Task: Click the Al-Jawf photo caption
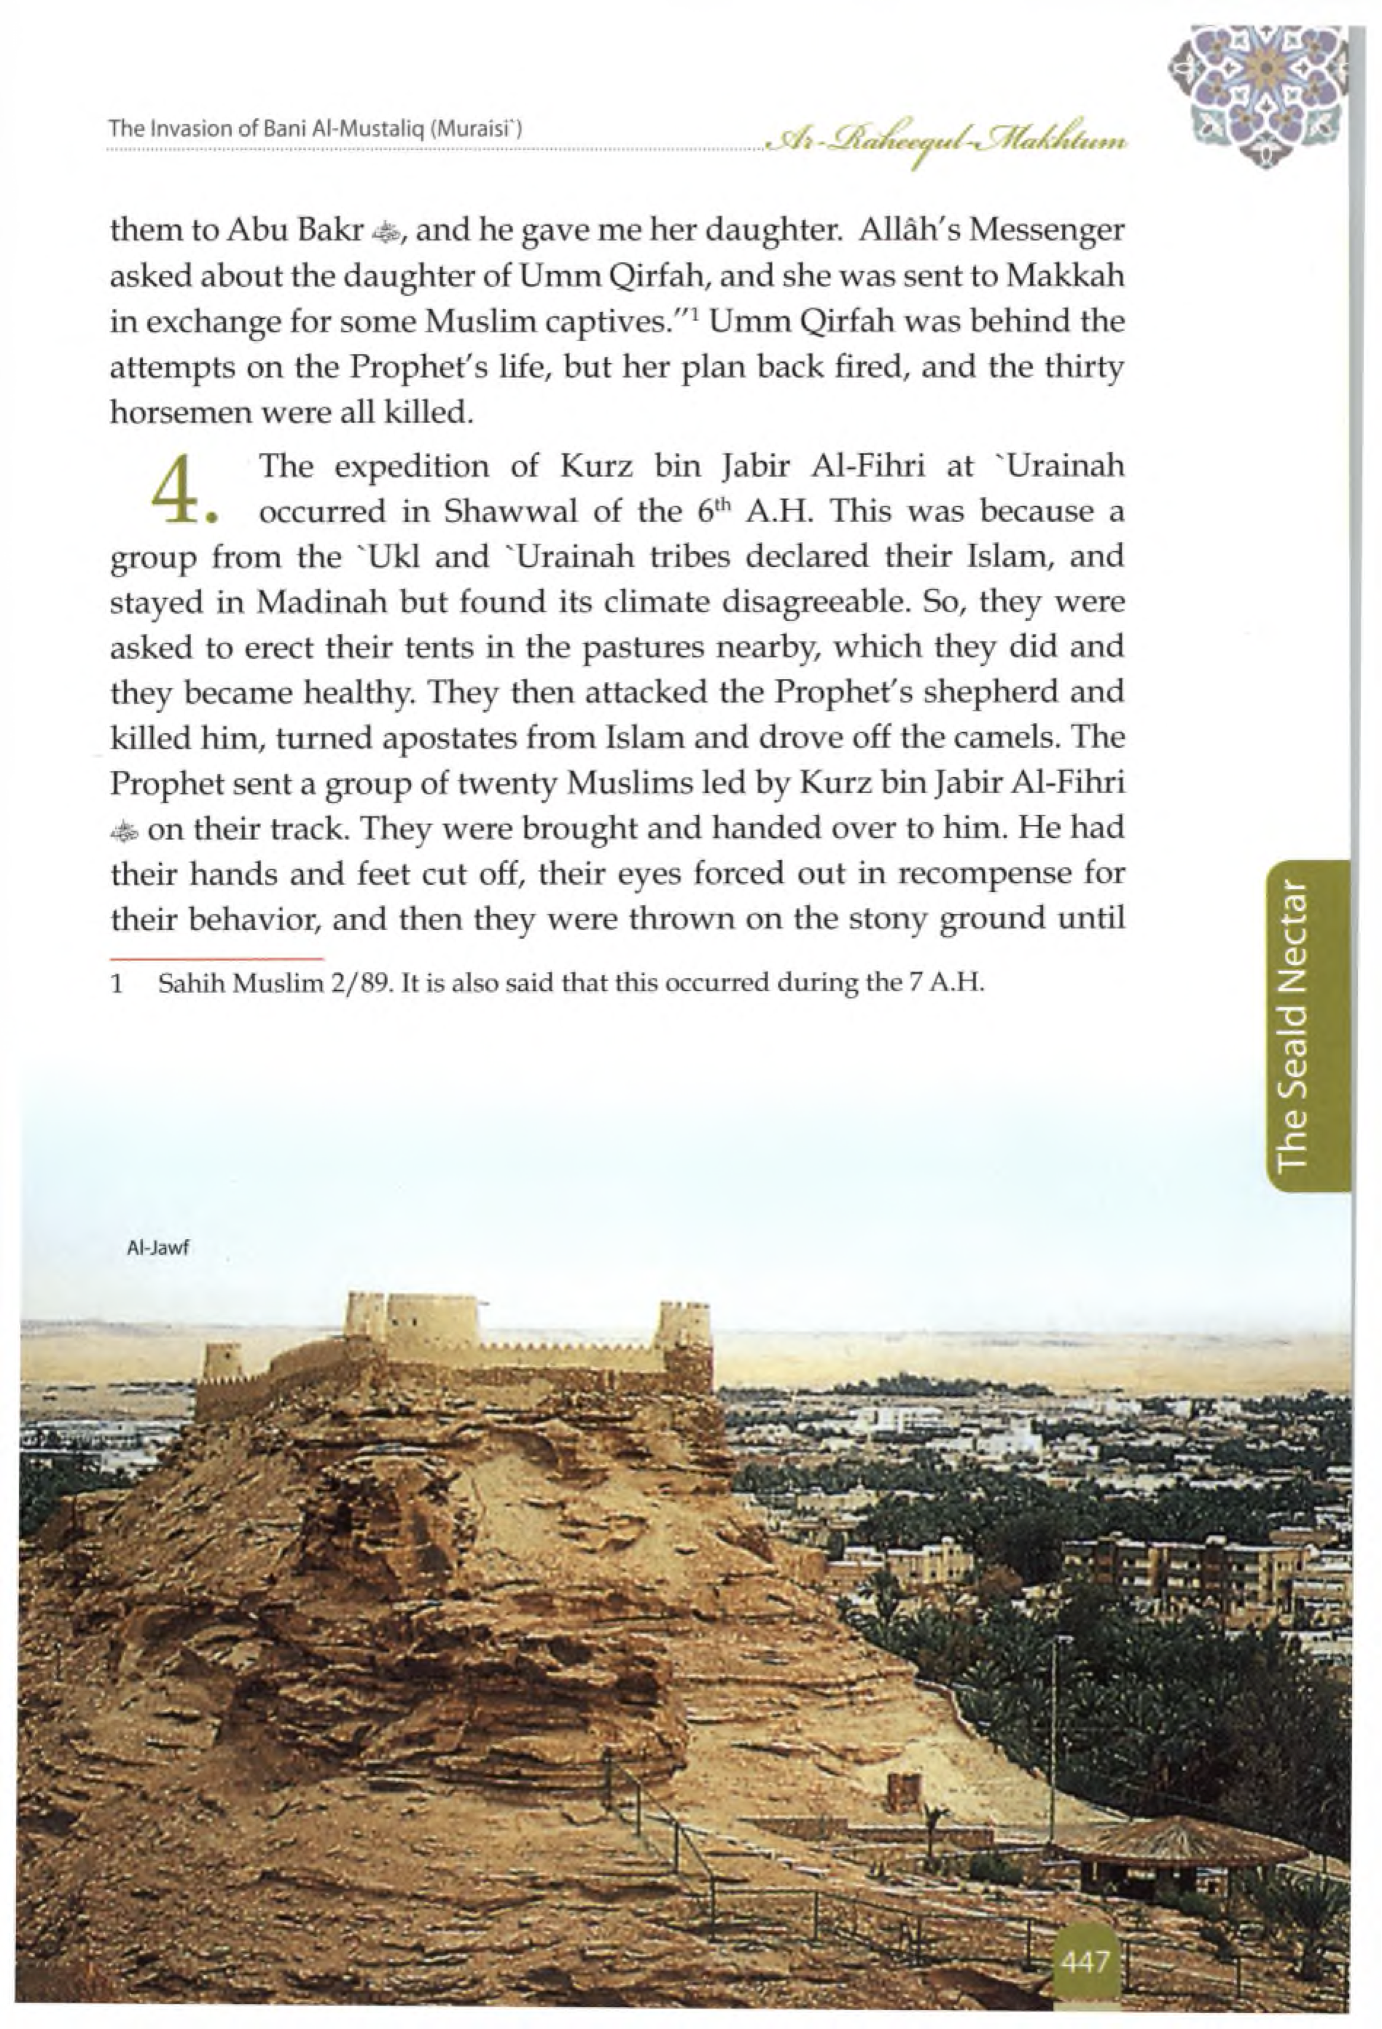pyautogui.click(x=158, y=1248)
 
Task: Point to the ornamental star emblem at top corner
pyautogui.click(x=1258, y=94)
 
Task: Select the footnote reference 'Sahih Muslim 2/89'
pyautogui.click(x=273, y=984)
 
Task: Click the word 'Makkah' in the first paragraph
pyautogui.click(x=1064, y=276)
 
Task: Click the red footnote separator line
pyautogui.click(x=216, y=958)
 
